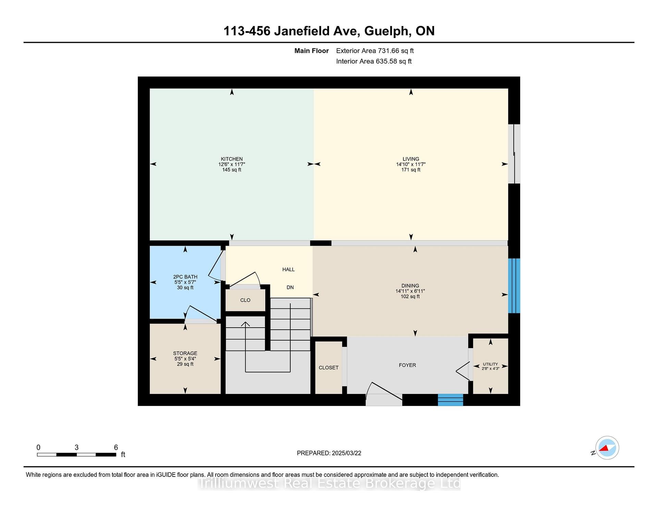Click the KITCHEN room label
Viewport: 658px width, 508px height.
pyautogui.click(x=232, y=159)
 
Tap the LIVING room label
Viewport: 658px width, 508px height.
pyautogui.click(x=411, y=159)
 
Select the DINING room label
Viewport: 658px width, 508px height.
pyautogui.click(x=410, y=285)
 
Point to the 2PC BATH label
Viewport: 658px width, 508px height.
pyautogui.click(x=185, y=277)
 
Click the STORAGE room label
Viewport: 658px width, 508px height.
pyautogui.click(x=185, y=353)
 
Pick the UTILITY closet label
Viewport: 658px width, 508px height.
pyautogui.click(x=490, y=364)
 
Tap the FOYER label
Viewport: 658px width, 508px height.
pyautogui.click(x=407, y=365)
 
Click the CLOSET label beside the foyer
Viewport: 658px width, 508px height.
pyautogui.click(x=329, y=368)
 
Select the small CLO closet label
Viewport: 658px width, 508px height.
pyautogui.click(x=245, y=300)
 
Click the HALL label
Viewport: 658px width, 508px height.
pyautogui.click(x=289, y=269)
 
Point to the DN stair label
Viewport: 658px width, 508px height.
pyautogui.click(x=290, y=288)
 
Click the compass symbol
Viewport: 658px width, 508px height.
pyautogui.click(x=607, y=448)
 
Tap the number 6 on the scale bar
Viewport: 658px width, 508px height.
pyautogui.click(x=116, y=447)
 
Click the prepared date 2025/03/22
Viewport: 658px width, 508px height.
pyautogui.click(x=346, y=453)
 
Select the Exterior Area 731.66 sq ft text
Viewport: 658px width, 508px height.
pyautogui.click(x=375, y=51)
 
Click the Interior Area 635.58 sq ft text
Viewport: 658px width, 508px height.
pyautogui.click(x=374, y=61)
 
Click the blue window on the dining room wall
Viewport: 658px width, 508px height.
pyautogui.click(x=514, y=286)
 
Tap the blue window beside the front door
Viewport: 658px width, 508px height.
pyautogui.click(x=451, y=400)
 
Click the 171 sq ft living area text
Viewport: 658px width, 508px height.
pyautogui.click(x=411, y=170)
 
